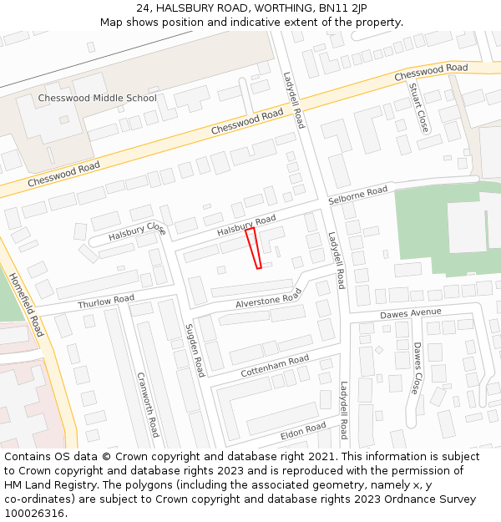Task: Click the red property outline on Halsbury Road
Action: point(254,248)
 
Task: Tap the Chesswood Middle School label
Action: point(97,99)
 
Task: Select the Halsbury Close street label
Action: point(137,231)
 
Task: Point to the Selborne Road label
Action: point(357,196)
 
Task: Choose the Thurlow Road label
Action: point(106,302)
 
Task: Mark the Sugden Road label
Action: point(195,350)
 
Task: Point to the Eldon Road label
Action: point(303,430)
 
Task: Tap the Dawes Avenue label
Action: point(410,313)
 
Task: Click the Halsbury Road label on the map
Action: point(246,225)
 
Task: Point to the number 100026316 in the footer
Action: point(33,513)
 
